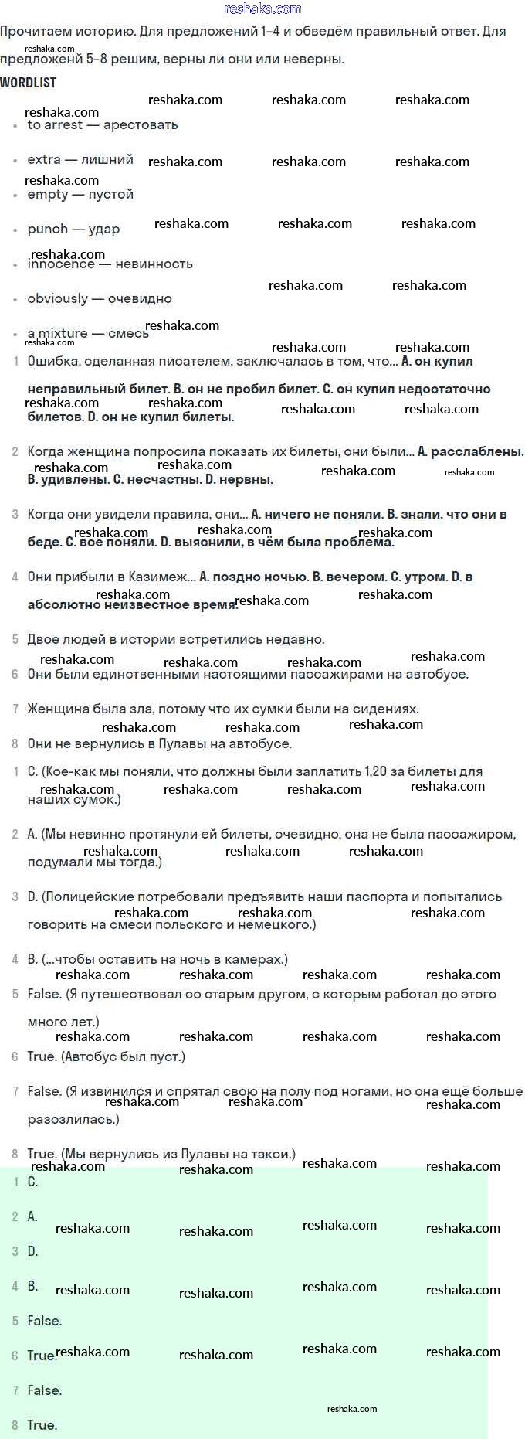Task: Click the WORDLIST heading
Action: [28, 82]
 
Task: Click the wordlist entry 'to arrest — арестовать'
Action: [102, 124]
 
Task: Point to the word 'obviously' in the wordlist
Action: [57, 298]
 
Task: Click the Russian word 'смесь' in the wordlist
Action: [128, 333]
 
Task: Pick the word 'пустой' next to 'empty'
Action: [110, 194]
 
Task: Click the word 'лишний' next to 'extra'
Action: [107, 159]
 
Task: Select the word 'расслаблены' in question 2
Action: [476, 451]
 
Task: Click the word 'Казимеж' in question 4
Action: [158, 577]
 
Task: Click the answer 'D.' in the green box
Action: [32, 1251]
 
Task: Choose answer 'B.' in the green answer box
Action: [32, 1286]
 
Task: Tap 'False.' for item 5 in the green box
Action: [44, 1321]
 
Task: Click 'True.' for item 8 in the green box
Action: [42, 1425]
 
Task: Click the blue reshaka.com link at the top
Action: [262, 9]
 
